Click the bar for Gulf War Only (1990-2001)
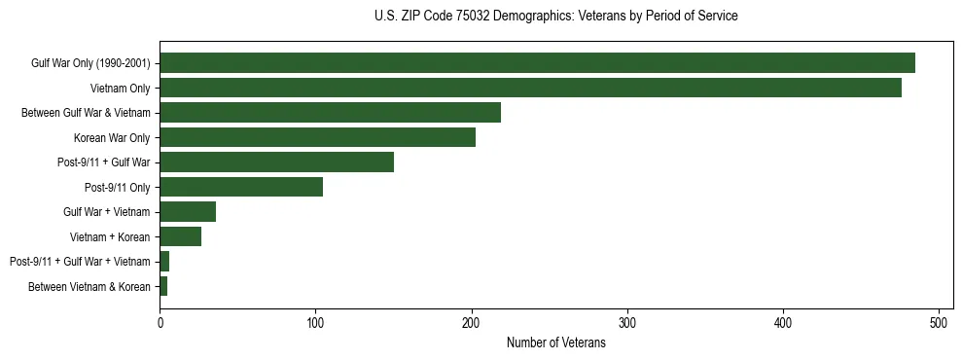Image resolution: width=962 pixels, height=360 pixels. (x=537, y=63)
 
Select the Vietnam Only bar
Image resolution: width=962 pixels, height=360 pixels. (x=530, y=88)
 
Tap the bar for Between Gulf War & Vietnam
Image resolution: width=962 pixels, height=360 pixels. (x=330, y=113)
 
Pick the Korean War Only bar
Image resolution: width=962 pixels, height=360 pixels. (x=317, y=137)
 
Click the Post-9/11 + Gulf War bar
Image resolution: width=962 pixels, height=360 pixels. (x=276, y=162)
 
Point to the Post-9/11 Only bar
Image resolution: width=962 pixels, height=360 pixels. (x=241, y=187)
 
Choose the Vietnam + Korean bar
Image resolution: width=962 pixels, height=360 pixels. (x=180, y=236)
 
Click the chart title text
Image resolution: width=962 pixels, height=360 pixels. (x=555, y=17)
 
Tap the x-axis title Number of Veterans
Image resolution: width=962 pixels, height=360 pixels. (x=555, y=343)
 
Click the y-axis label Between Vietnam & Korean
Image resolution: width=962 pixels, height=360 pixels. (x=89, y=287)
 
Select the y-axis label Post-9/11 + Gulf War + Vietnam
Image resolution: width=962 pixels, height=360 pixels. (x=80, y=262)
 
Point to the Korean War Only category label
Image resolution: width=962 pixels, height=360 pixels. (x=112, y=138)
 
